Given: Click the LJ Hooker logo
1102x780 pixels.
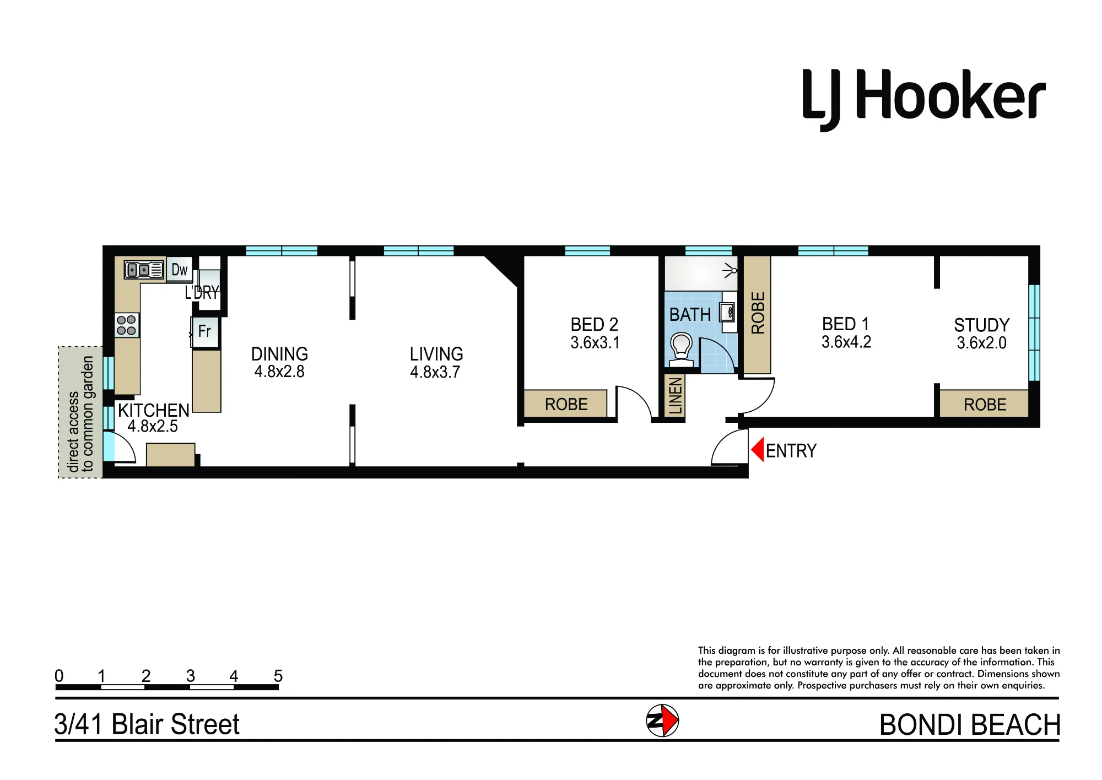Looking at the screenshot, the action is point(923,100).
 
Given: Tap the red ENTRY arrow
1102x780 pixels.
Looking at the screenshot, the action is point(757,450).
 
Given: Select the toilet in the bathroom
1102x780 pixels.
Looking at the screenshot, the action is point(682,349).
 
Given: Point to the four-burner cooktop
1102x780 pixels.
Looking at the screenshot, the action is point(127,325).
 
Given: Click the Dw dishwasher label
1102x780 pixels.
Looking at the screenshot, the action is point(180,270).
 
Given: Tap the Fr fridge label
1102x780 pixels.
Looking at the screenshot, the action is point(204,331).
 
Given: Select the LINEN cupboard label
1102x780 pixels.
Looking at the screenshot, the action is point(676,396).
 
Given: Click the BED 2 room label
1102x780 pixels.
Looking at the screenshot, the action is point(595,324).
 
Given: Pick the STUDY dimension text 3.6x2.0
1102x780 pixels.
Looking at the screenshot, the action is point(981,343).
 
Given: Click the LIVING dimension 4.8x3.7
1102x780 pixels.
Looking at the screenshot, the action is point(435,372).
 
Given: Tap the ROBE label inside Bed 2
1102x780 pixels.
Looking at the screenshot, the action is point(566,405).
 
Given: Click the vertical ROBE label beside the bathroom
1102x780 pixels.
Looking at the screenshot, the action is point(758,313).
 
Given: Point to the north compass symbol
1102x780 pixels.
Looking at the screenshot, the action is point(662,720).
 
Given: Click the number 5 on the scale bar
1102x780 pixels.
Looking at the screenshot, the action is point(278,676).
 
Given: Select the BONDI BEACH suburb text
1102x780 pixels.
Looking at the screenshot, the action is point(970,725).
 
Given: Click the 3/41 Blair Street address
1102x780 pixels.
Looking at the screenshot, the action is point(147,724).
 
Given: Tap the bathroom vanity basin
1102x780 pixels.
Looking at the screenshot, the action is point(728,313).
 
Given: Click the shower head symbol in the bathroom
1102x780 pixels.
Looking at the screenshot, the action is point(731,271).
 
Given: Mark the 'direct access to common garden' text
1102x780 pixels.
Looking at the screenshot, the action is point(80,413).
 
